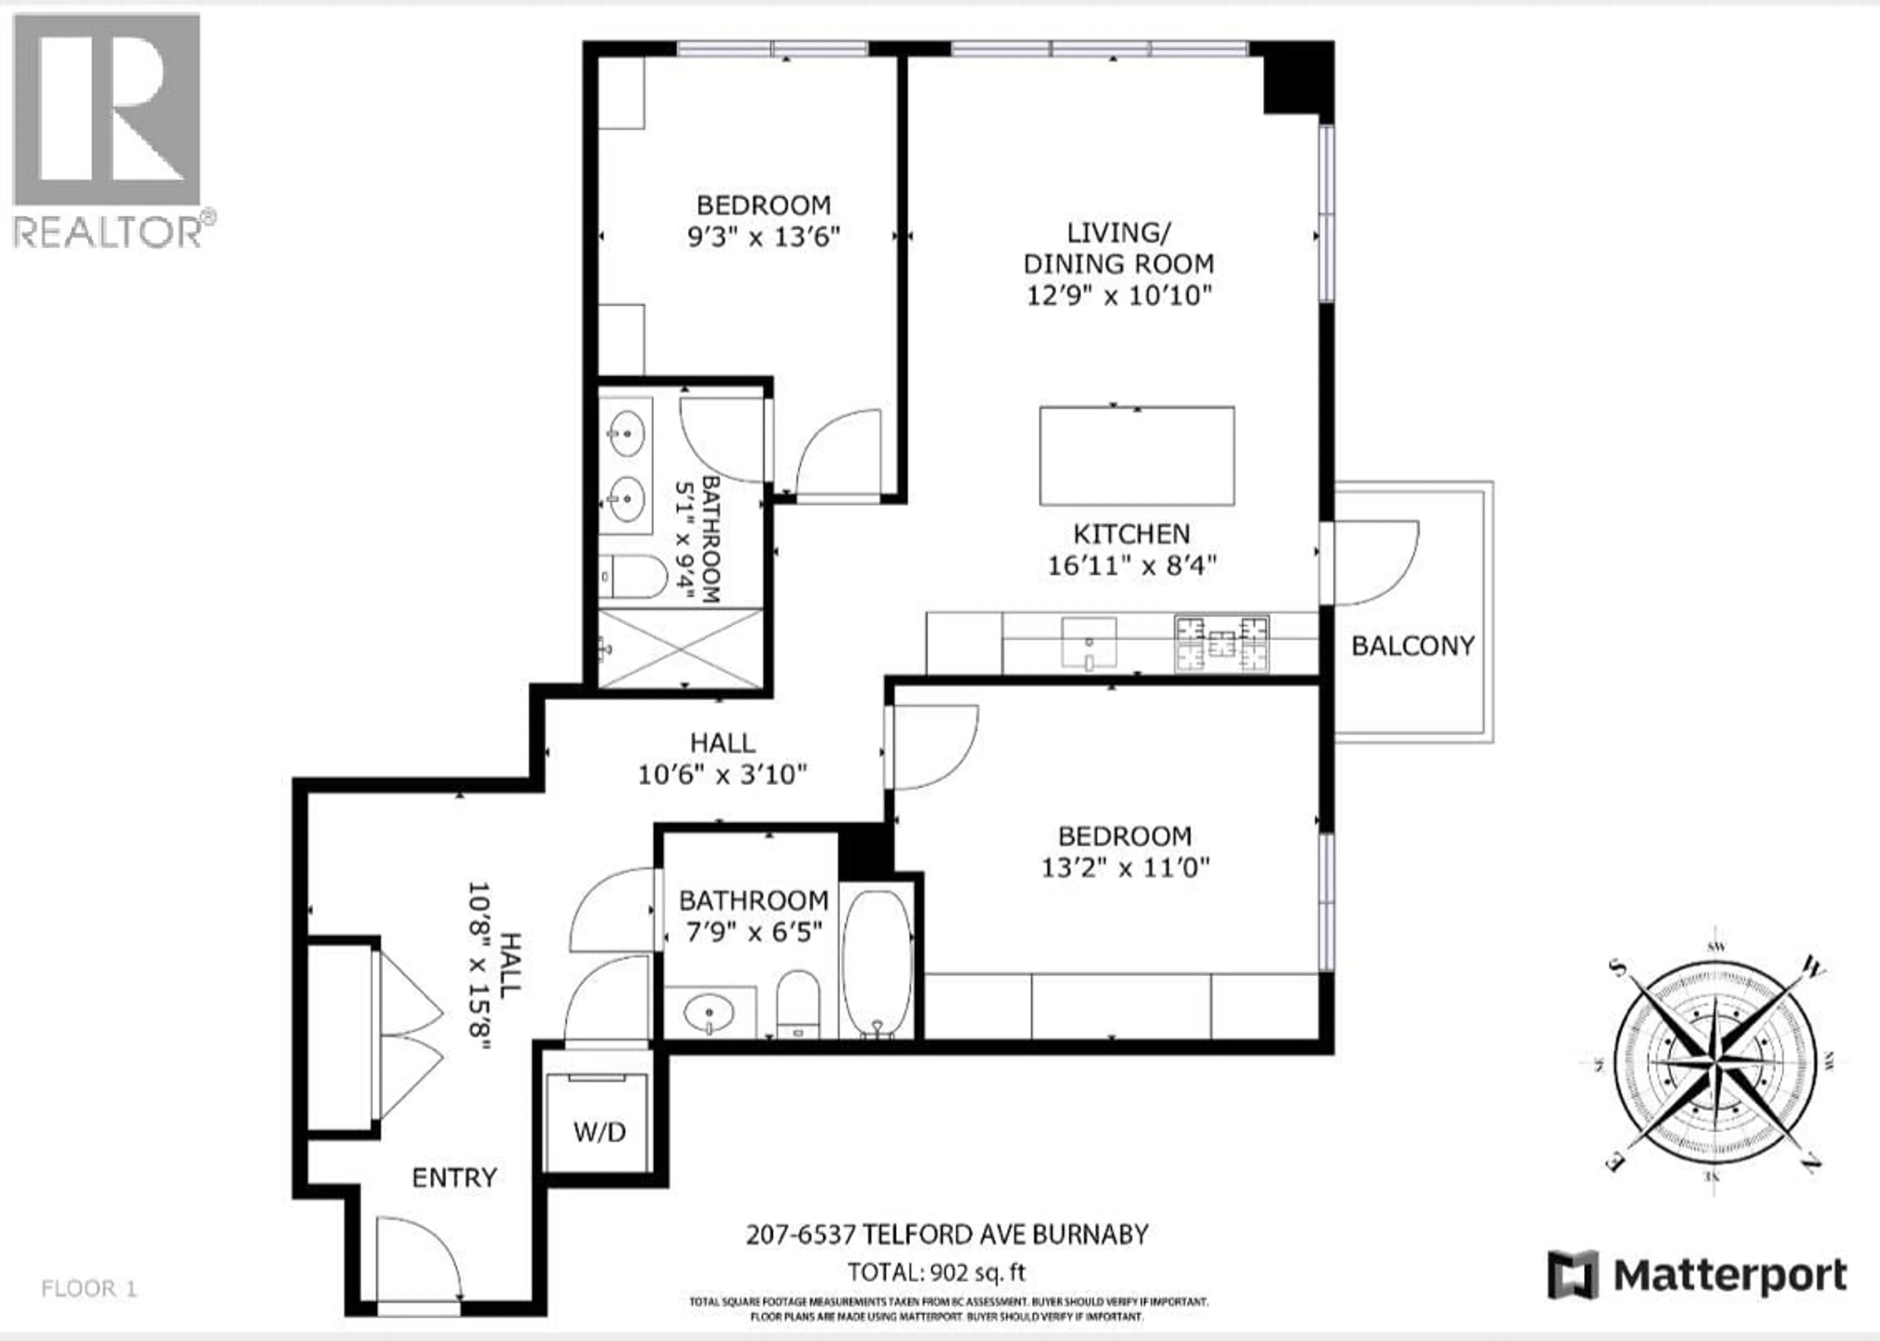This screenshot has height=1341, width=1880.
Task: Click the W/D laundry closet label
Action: point(600,1131)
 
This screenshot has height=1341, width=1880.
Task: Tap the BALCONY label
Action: point(1412,646)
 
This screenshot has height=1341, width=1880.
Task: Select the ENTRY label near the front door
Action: point(454,1178)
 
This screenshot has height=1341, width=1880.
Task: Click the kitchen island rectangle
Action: point(1137,456)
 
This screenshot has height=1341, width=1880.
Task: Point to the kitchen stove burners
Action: point(1222,643)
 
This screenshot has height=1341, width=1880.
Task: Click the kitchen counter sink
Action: point(1089,643)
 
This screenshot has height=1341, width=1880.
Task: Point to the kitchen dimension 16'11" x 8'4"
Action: point(1131,566)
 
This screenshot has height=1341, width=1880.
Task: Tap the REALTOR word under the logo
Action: point(107,233)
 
